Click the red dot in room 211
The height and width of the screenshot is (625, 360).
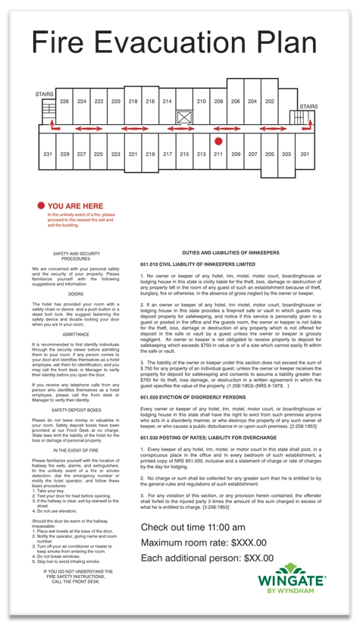click(218, 141)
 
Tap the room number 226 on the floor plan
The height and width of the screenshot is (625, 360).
click(64, 101)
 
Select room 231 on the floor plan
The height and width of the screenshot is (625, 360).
click(47, 154)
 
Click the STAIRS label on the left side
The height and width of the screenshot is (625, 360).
click(44, 94)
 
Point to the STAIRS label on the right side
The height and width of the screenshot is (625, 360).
click(308, 107)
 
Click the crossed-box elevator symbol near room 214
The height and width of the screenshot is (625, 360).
click(184, 117)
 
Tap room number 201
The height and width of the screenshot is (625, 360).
click(305, 154)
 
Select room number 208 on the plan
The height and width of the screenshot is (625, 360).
click(218, 101)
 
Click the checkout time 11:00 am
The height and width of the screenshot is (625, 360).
click(220, 527)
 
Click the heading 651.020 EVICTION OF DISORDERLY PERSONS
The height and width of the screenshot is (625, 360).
click(193, 397)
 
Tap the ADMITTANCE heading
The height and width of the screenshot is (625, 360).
click(76, 333)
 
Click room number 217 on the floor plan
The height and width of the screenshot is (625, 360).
click(167, 154)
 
